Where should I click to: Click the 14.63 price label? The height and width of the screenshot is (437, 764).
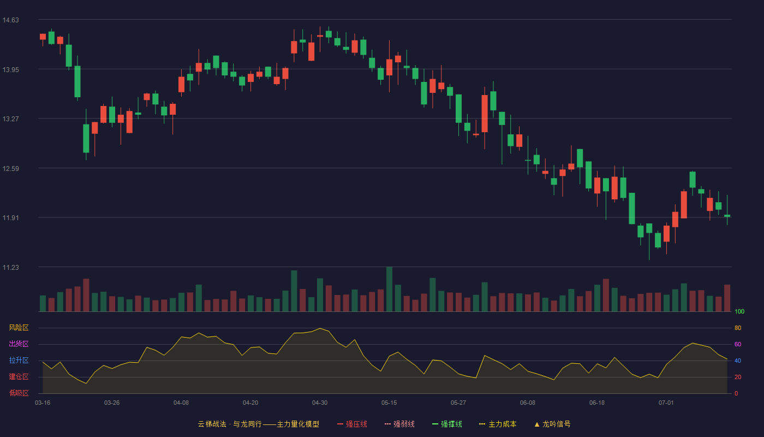click(10, 20)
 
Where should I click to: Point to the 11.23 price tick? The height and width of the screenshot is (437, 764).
click(10, 267)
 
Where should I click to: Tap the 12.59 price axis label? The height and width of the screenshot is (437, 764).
click(10, 169)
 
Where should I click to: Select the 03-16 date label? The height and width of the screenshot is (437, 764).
click(43, 403)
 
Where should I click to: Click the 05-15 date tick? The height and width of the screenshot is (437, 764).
click(389, 403)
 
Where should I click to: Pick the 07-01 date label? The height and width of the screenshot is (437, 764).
click(666, 403)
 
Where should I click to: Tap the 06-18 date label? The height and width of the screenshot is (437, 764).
click(597, 403)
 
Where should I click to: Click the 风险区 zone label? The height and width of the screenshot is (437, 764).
click(19, 328)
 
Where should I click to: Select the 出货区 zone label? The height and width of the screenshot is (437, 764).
click(19, 344)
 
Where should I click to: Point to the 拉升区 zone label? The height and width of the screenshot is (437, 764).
click(19, 360)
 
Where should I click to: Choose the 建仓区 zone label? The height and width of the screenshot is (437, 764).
click(19, 376)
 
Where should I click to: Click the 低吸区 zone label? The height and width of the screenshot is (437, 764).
click(19, 393)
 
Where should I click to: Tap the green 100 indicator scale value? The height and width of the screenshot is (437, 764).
click(739, 311)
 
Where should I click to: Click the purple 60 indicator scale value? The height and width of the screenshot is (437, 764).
click(738, 344)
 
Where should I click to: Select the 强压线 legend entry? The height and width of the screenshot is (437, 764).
click(352, 424)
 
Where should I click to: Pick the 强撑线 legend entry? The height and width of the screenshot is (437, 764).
click(447, 424)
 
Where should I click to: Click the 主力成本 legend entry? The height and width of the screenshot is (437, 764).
click(498, 424)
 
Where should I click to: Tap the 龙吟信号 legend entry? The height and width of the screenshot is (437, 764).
click(552, 424)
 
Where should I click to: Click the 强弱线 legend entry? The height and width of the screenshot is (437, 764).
click(399, 424)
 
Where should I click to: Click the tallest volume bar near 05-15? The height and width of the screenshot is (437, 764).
click(389, 289)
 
